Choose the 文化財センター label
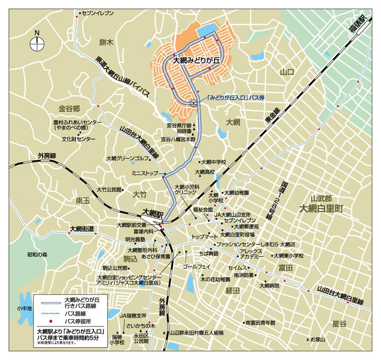(x=78, y=139)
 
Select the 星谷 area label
(x=339, y=323)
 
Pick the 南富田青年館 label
(x=260, y=322)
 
